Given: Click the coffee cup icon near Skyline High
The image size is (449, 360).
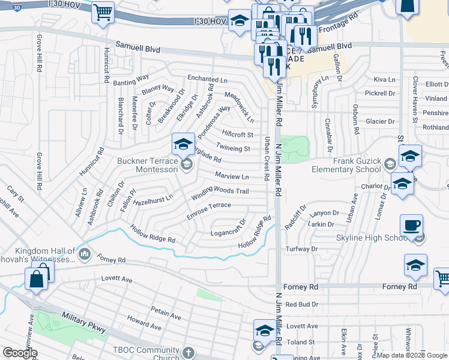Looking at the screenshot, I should pos(411,226).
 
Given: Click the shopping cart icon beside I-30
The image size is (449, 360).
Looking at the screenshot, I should pos(103,12).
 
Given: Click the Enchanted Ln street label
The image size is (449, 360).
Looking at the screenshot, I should pos(207,79).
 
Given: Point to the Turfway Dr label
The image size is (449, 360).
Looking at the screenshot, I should pos(301,248).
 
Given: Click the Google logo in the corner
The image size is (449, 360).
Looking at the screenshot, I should pos(20,353).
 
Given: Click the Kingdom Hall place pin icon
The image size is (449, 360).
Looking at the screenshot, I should pos(85,255).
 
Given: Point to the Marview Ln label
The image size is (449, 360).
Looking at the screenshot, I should pos(232,176).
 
